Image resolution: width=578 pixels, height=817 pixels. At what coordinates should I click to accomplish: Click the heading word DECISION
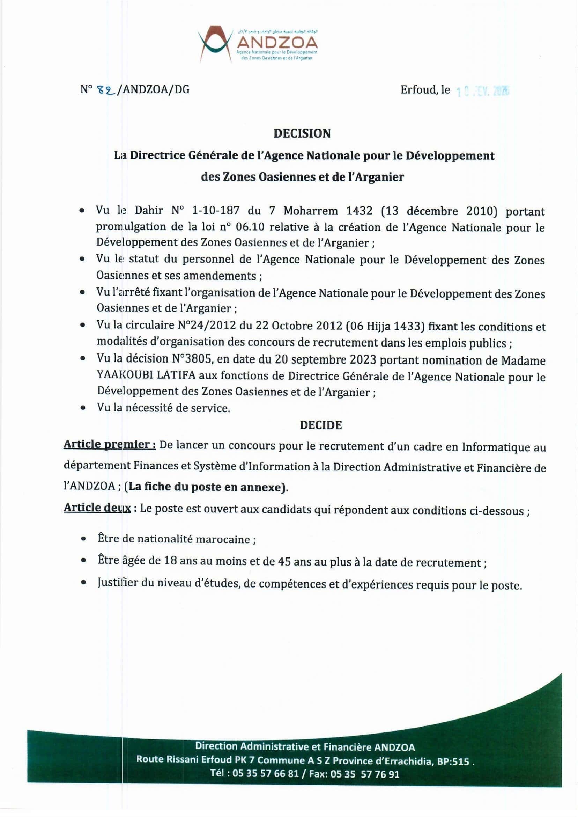tap(302, 133)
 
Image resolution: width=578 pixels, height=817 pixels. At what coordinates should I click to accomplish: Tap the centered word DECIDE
tap(321, 425)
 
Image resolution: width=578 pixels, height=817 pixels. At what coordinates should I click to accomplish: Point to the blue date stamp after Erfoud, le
tap(483, 92)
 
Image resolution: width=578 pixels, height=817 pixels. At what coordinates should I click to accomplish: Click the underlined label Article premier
tap(109, 445)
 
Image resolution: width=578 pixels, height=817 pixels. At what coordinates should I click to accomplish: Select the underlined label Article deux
tap(97, 508)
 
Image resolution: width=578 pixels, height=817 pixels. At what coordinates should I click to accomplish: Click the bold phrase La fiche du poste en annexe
tap(206, 487)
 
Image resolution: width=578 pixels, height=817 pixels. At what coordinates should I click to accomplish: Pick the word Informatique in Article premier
tap(492, 447)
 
